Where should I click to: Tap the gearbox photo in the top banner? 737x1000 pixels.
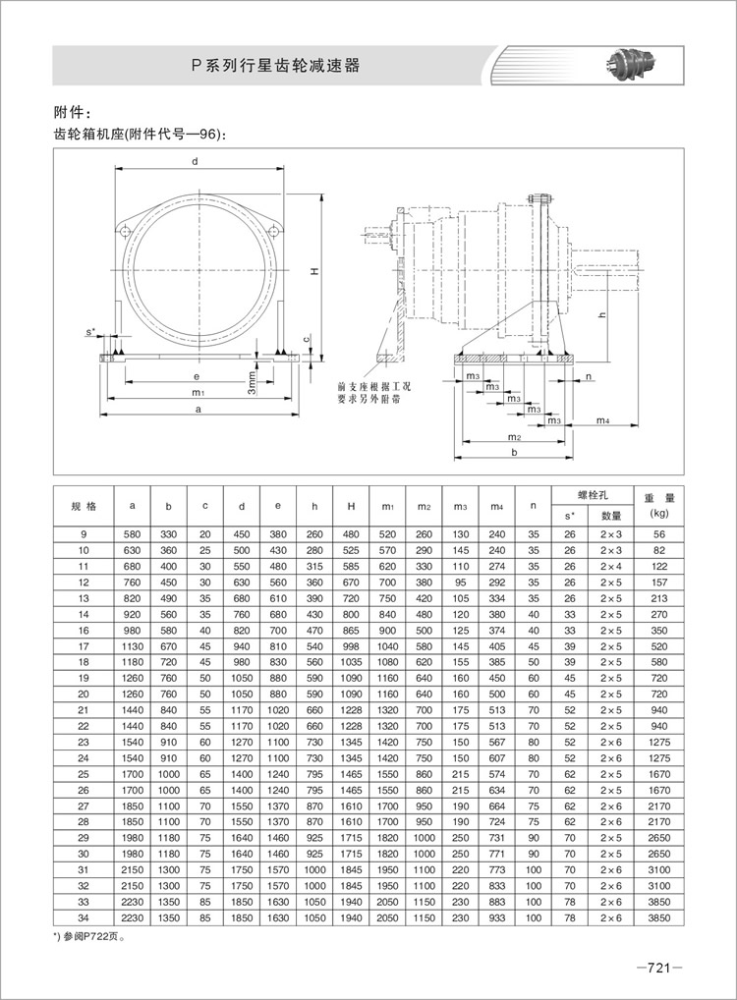point(633,66)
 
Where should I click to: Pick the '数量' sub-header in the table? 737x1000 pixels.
point(611,515)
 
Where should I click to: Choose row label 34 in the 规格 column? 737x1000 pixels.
point(84,917)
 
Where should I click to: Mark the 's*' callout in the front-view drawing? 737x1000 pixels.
point(90,333)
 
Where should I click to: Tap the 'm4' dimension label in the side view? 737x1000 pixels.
point(602,420)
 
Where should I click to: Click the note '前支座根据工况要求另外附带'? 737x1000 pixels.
point(374,393)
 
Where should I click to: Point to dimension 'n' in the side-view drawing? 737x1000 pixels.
point(588,376)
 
